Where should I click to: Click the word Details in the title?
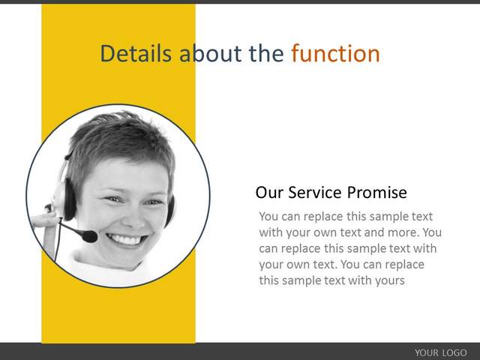click(x=136, y=53)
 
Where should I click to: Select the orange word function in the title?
click(x=335, y=53)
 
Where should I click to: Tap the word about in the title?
click(x=210, y=53)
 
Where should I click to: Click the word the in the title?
click(x=266, y=53)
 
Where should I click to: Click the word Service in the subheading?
click(x=315, y=193)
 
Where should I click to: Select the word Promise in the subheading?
click(x=377, y=193)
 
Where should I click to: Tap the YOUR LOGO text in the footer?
click(x=441, y=352)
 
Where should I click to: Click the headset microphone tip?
click(x=89, y=236)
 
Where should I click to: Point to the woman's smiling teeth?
click(x=126, y=239)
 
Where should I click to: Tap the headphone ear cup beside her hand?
click(x=69, y=199)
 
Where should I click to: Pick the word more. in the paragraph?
click(x=403, y=232)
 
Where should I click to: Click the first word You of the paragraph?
click(x=268, y=217)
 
